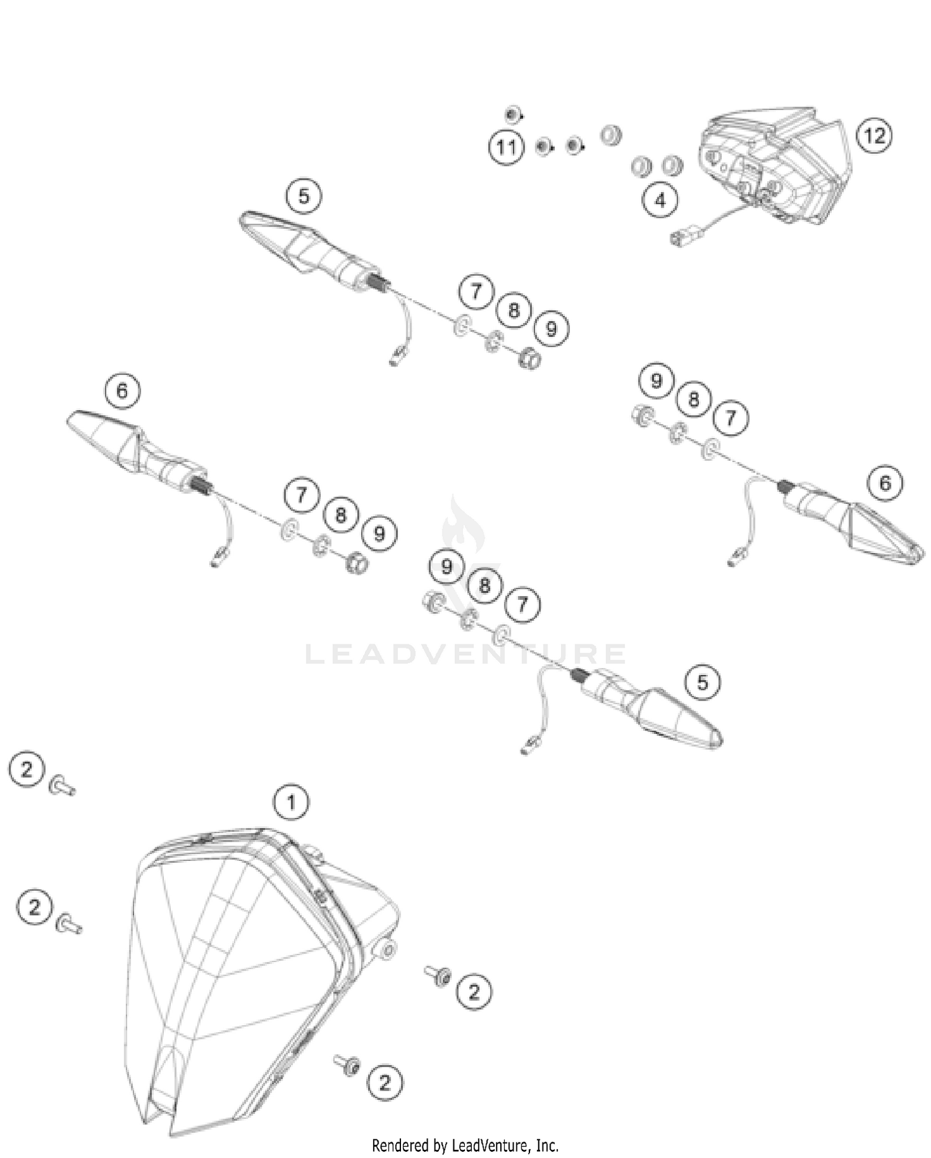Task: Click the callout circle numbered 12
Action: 874,135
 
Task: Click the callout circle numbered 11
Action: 506,148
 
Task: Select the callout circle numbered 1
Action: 291,803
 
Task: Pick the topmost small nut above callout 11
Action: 511,115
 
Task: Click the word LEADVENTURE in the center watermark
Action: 465,654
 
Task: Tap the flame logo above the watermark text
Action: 462,527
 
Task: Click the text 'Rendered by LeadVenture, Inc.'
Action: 465,1145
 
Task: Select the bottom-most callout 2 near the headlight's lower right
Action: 385,1082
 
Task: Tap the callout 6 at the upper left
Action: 122,391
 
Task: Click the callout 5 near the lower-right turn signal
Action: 702,682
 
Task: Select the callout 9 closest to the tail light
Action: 656,380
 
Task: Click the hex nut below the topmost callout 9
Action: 529,359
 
